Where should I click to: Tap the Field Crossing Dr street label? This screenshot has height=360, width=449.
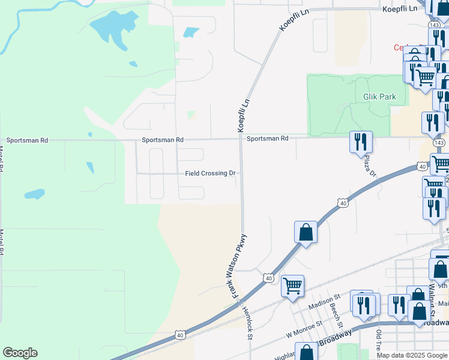tap(210, 173)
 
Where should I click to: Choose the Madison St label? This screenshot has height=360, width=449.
tap(324, 301)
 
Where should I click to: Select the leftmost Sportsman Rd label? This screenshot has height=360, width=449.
tap(27, 140)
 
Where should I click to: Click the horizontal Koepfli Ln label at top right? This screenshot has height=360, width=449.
tap(399, 9)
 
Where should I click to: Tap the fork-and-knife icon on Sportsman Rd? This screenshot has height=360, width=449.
tap(360, 142)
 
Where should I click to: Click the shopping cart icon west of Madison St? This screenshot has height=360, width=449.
tap(292, 286)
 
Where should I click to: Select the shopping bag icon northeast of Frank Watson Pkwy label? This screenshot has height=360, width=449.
tap(306, 232)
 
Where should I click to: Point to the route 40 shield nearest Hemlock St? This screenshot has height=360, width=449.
tap(268, 278)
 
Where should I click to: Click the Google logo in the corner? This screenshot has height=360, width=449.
tap(20, 353)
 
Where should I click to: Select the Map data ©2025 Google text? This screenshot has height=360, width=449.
tap(412, 355)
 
